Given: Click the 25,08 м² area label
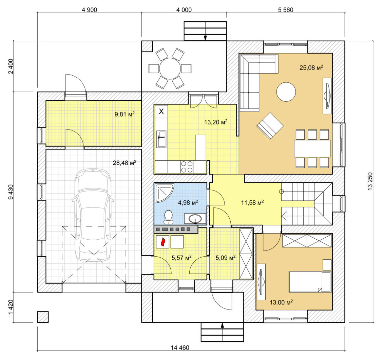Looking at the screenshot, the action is coord(311,67).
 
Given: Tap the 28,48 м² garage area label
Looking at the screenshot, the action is coord(125,163).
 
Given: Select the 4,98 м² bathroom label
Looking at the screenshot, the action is coord(188,202).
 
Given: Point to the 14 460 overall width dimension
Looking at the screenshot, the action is coord(180,347).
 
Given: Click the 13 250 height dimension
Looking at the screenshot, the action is coord(370,181).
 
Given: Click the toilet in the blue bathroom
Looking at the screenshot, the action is coord(168,217).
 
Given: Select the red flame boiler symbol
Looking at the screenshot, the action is coord(163,242).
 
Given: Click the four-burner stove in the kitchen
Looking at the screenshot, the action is coord(187,167).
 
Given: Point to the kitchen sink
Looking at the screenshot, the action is coord(161,139).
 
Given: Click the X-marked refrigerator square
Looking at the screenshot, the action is coord(161,112).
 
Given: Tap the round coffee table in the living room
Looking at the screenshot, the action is coord(286,92).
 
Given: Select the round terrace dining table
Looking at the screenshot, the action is coord(170,68).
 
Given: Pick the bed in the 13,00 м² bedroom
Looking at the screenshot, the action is coord(310,282).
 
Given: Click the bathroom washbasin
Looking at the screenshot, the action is coord(195,219).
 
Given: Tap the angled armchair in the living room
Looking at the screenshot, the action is coord(270,126).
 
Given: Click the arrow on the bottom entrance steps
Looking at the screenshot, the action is coord(222,332).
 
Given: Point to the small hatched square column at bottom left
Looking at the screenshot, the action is coord(43,317).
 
